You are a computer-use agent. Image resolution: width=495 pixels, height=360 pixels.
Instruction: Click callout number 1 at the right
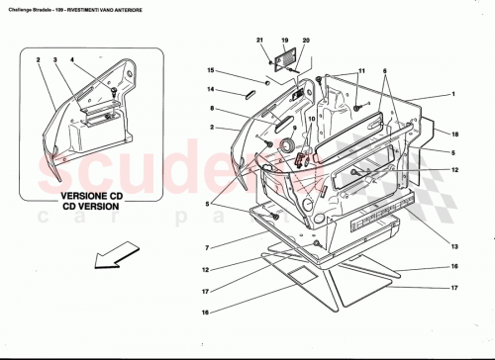point(452,95)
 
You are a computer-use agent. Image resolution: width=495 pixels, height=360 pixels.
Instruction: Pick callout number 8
point(212,109)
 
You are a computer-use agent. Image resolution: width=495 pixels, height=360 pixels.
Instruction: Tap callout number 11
point(361,71)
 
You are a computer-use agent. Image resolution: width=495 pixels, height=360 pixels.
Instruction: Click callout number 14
point(211,90)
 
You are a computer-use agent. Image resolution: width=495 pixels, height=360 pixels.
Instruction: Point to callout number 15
point(211,70)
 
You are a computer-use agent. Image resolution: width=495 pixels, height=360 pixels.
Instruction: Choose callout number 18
point(456,133)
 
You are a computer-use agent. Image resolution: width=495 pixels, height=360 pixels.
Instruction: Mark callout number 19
point(285,40)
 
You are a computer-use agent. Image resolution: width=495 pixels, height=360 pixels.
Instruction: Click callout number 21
point(261,40)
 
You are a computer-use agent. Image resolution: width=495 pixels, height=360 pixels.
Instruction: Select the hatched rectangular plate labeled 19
point(286,58)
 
